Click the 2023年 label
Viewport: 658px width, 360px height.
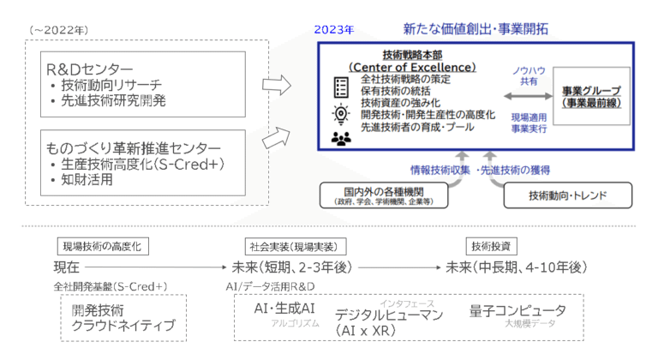click(334, 29)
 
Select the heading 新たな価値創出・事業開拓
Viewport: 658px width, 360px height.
click(475, 28)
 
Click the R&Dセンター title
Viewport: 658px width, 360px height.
click(92, 69)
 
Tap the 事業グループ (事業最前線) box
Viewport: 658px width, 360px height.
click(593, 96)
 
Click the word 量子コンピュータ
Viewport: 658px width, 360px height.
click(517, 310)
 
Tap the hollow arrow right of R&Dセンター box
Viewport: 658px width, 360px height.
click(275, 83)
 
